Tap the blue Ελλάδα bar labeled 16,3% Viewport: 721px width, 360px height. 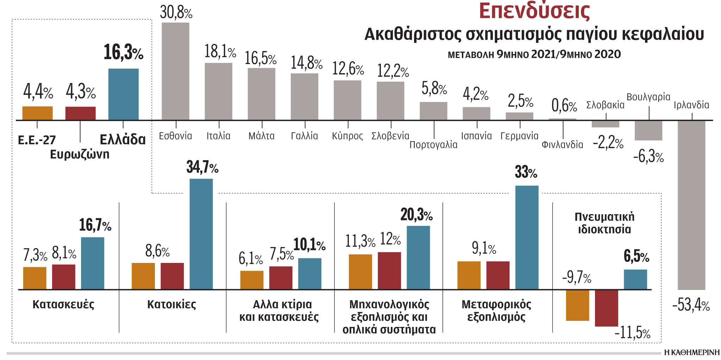pos(123,94)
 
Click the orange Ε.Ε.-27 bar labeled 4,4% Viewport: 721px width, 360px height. pos(37,113)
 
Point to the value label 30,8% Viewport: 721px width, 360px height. pos(176,13)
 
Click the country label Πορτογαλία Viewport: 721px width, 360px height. pos(433,145)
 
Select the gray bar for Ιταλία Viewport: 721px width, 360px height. pos(218,91)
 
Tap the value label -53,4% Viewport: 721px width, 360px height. pos(691,305)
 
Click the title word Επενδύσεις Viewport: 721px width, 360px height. pos(534,11)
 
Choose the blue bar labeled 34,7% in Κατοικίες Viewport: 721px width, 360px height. pos(201,234)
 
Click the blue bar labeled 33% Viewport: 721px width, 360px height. pos(527,238)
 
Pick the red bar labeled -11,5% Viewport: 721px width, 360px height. pos(606,308)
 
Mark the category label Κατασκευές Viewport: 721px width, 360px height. pos(63,304)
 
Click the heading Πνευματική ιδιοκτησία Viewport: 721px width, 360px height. pos(604,223)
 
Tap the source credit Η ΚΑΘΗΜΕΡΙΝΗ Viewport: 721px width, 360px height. pos(691,352)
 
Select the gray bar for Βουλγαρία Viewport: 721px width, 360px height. pos(648,131)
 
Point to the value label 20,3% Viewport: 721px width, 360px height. pos(416,215)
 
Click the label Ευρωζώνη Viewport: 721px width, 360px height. pos(80,154)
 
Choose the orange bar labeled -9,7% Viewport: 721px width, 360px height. pos(577,305)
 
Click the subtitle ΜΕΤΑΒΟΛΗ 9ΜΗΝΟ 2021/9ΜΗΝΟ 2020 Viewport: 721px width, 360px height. pos(534,55)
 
